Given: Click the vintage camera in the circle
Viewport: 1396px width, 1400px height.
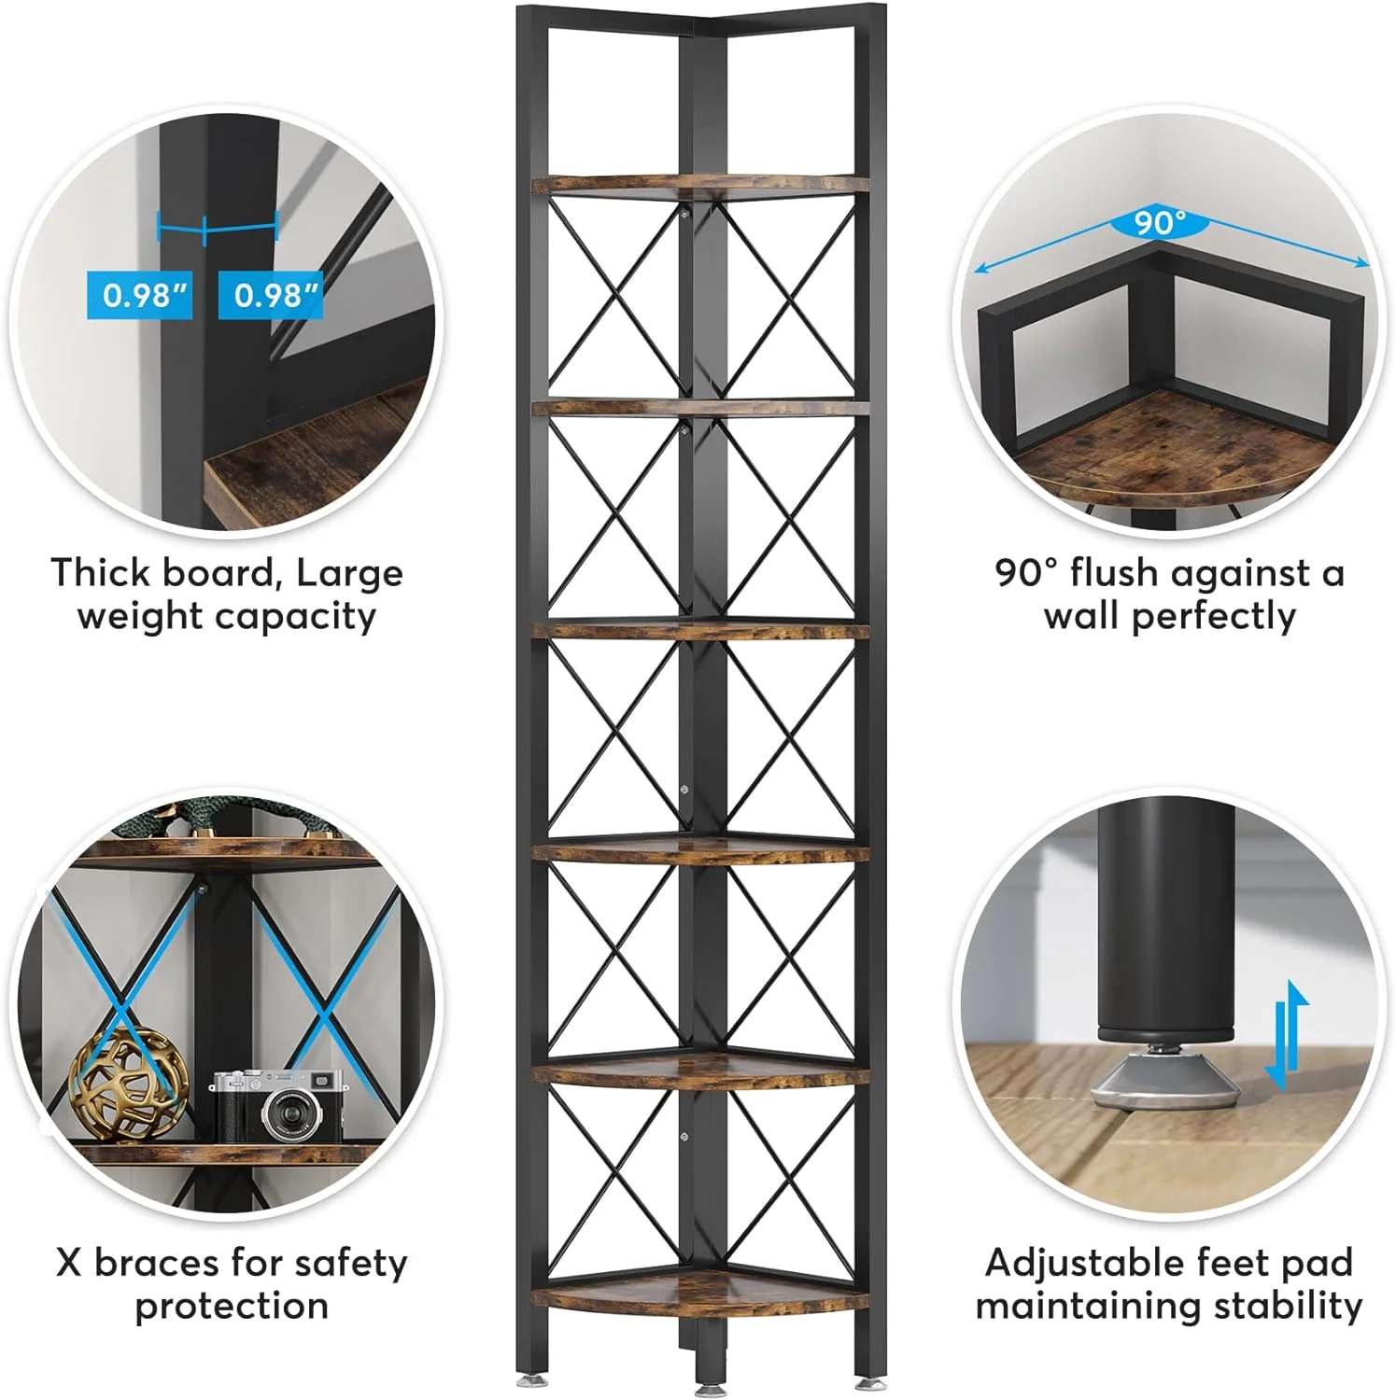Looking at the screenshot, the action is click(x=278, y=1106).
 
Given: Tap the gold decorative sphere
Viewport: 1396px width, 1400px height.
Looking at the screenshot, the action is click(x=129, y=1083).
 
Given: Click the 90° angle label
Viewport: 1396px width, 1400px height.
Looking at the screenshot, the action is click(x=1160, y=222).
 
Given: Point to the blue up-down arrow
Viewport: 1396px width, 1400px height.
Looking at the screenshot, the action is click(x=1286, y=1035).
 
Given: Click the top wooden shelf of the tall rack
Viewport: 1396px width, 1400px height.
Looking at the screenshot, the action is click(x=700, y=185).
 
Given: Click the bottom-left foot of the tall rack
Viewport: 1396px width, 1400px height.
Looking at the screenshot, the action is click(x=526, y=1378).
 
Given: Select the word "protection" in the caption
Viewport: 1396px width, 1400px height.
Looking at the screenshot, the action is click(x=232, y=1307).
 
